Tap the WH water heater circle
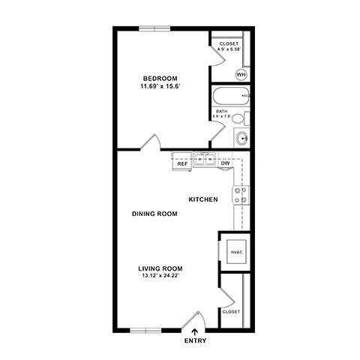[241, 74]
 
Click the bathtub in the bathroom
[229, 97]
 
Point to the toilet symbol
[238, 118]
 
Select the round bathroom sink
[241, 138]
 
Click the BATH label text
[223, 111]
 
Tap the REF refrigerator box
[182, 163]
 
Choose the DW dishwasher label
[224, 163]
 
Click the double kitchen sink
[204, 159]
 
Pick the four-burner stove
[241, 196]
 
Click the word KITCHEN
[202, 199]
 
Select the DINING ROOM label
[154, 214]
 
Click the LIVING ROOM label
[160, 268]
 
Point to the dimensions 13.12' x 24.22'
[160, 276]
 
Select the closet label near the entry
[230, 311]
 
